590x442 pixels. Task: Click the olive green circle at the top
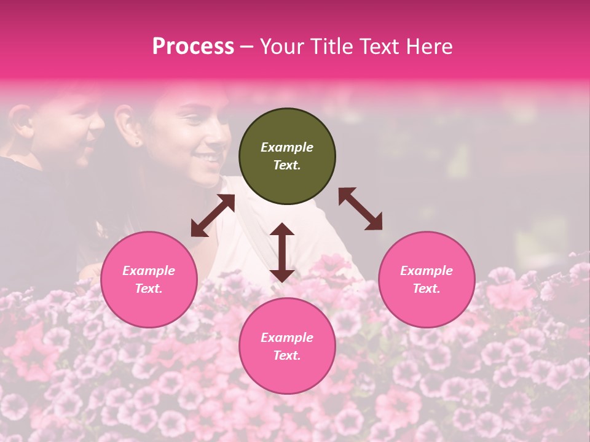(287, 157)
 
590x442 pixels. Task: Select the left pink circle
(149, 280)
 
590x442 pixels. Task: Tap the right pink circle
(427, 280)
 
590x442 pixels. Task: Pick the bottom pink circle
(287, 346)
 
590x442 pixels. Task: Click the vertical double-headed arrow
(282, 252)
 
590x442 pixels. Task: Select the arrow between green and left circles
(213, 215)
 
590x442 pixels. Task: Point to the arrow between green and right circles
(361, 209)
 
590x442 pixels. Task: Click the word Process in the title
(193, 46)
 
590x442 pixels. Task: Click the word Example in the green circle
(287, 147)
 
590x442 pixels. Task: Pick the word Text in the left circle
(149, 289)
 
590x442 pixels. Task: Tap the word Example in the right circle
(427, 271)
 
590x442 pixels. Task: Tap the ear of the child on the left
(21, 117)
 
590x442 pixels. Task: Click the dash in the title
(247, 47)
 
